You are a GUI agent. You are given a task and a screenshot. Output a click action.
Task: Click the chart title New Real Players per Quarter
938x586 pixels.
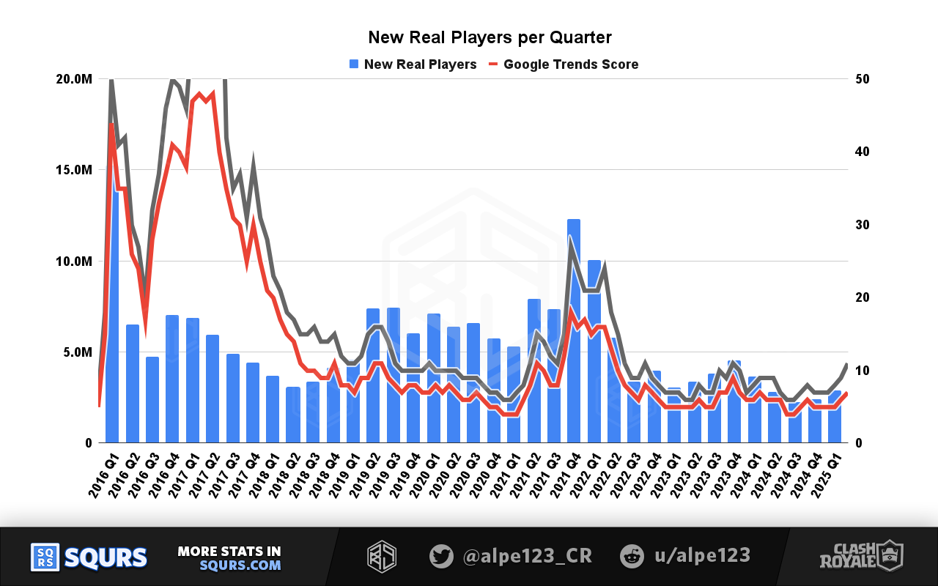point(490,37)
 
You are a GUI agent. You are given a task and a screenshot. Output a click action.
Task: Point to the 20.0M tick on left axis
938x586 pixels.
point(74,79)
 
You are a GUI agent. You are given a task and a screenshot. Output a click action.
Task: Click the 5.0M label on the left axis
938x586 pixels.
point(76,352)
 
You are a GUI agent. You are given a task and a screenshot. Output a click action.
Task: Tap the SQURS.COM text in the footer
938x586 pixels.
point(240,565)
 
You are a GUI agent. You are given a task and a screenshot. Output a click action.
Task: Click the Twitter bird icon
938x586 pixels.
point(441,557)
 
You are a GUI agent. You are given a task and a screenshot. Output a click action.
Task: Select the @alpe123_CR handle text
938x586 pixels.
point(527,557)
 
